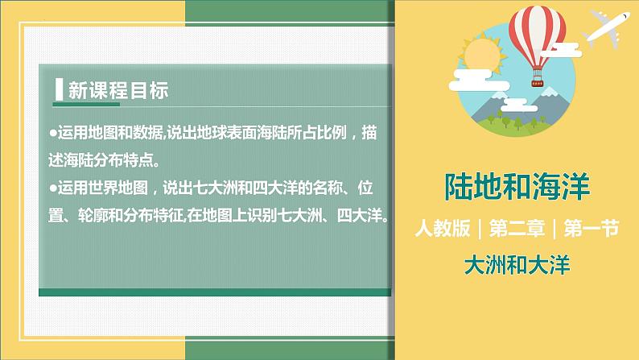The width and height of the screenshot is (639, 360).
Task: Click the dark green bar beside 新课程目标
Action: pos(59,90)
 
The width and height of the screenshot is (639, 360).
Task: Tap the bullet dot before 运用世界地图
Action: pos(52,188)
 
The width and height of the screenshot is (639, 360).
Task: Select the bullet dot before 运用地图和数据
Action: pos(52,131)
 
